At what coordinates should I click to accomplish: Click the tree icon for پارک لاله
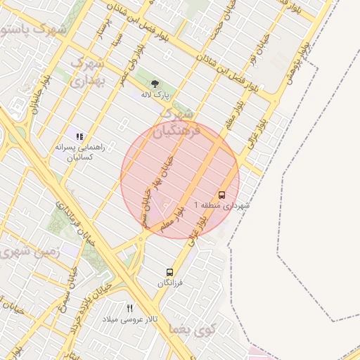coord(155,84)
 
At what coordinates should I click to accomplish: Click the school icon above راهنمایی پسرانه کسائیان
coord(79,136)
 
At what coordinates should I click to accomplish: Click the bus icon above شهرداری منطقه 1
coord(221,195)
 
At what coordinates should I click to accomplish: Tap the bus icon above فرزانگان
coord(169,272)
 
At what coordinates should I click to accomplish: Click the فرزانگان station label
coord(169,283)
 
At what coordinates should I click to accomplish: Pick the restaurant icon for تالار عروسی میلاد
coord(129,308)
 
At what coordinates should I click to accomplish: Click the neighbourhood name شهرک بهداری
coord(87,71)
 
